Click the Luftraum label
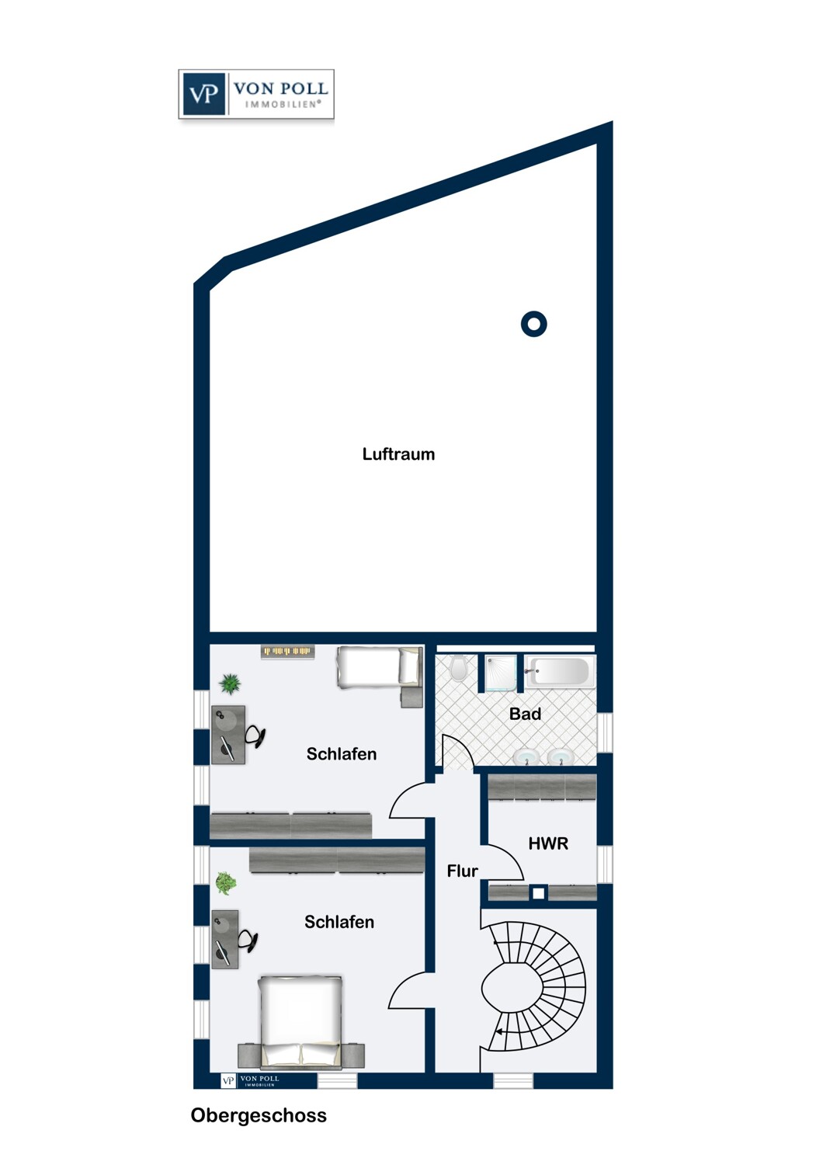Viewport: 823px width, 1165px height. pos(398,454)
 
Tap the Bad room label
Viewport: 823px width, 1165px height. pos(525,714)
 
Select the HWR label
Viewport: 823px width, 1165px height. pos(548,843)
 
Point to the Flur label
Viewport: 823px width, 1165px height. pos(462,871)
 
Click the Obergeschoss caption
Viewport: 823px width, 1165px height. pos(259,1115)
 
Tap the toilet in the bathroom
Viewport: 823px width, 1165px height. pos(458,668)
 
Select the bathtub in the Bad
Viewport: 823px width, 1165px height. pos(560,672)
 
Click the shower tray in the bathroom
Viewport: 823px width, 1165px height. pos(501,673)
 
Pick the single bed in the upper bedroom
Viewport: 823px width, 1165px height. pos(380,667)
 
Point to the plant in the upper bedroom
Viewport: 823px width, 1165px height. pos(230,683)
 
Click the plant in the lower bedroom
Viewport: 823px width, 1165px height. pos(226,883)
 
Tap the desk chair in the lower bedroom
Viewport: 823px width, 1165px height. pos(248,941)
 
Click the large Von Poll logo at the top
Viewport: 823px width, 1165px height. pos(256,94)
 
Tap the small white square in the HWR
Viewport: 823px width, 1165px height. pos(539,893)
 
